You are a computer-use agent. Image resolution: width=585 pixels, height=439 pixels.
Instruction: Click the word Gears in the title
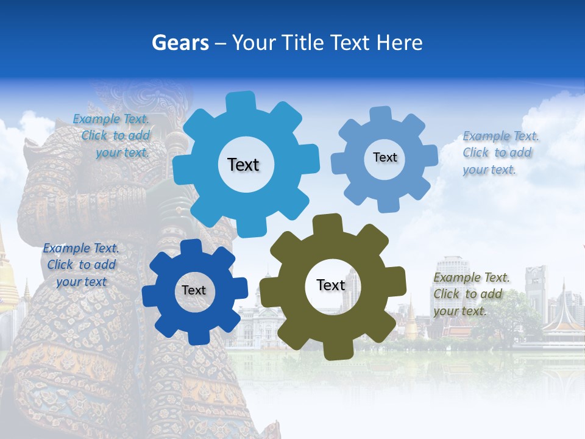tap(180, 43)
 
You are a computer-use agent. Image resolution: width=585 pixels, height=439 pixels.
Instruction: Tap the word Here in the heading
tap(400, 43)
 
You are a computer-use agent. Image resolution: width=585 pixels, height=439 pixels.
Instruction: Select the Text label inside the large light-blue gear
tap(243, 165)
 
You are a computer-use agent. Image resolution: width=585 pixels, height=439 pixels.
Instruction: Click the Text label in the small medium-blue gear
tap(385, 157)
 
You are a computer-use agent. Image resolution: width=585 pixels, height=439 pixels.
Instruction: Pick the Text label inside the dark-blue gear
tap(194, 290)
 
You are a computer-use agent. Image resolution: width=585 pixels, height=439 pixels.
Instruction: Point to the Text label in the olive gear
tap(331, 285)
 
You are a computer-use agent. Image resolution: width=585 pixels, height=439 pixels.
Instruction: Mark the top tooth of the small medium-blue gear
tap(380, 114)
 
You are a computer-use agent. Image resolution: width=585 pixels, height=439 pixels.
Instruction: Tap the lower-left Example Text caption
tap(80, 265)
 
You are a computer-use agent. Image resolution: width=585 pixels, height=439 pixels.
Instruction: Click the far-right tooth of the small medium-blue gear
tap(430, 155)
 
